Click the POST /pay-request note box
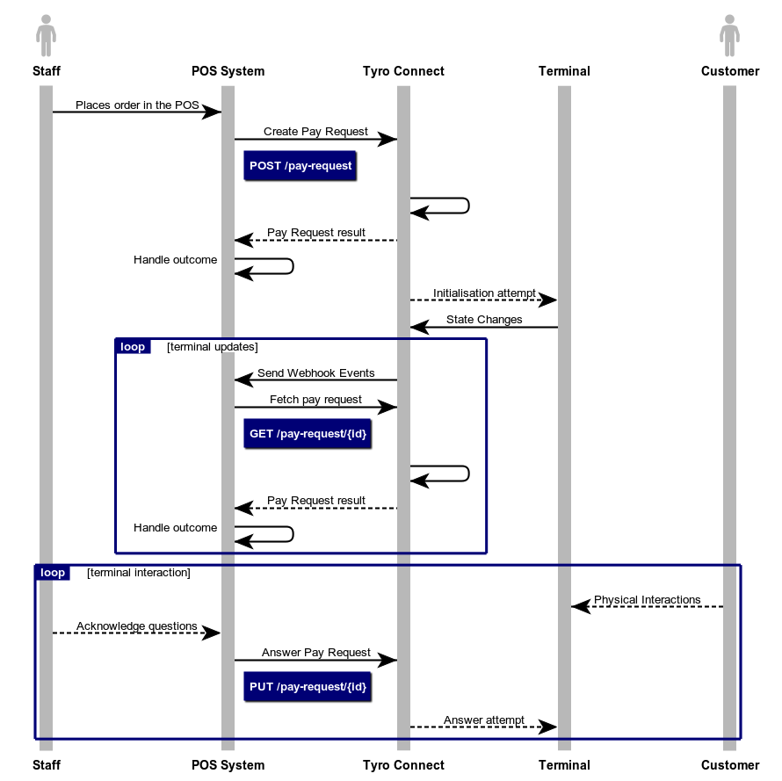[x=300, y=166]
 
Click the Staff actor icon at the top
[x=47, y=36]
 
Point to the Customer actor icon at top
[x=729, y=36]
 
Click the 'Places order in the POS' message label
[x=137, y=105]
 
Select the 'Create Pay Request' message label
[x=315, y=132]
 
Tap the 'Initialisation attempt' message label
[x=484, y=293]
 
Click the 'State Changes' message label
[x=484, y=320]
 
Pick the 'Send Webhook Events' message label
[x=315, y=373]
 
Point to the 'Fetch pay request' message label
[x=315, y=400]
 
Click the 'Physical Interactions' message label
[x=647, y=600]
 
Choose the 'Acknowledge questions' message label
[x=136, y=626]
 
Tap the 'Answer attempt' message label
[x=484, y=720]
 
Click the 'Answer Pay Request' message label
[x=315, y=654]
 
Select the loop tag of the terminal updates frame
[x=133, y=347]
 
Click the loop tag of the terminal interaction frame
[x=53, y=573]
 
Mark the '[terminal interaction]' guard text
[x=139, y=573]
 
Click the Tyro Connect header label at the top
[x=403, y=71]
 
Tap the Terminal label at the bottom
[x=564, y=765]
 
